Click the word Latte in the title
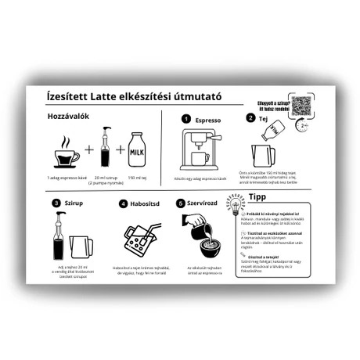click(x=110, y=97)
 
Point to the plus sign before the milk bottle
click(x=120, y=150)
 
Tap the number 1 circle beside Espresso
click(x=185, y=118)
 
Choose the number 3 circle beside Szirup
click(x=56, y=203)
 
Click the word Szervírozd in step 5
click(x=212, y=203)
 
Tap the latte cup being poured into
click(x=210, y=249)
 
